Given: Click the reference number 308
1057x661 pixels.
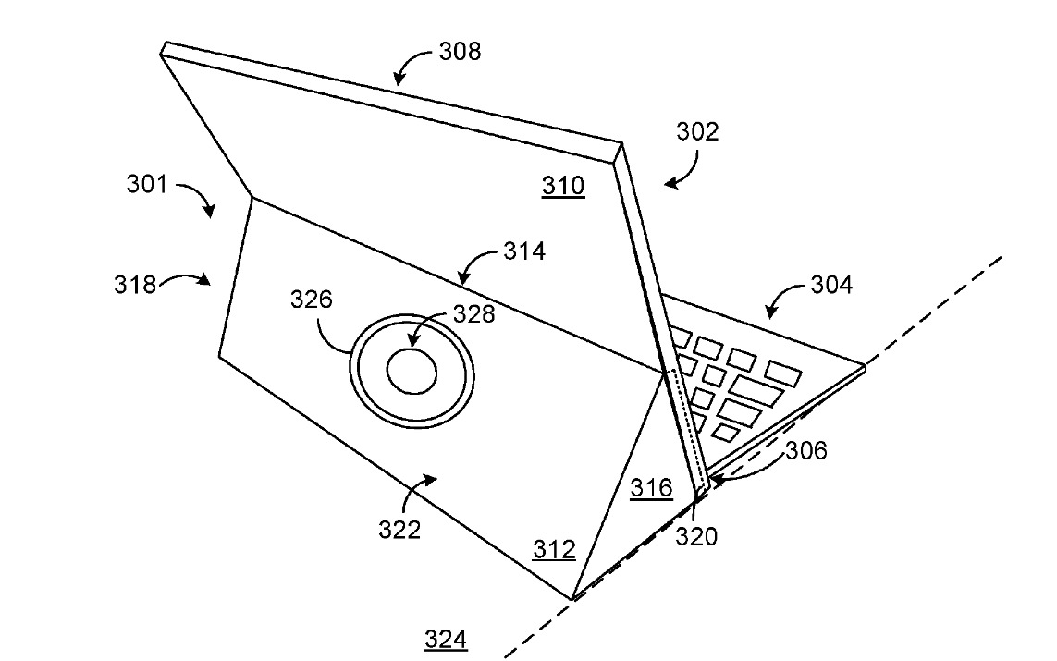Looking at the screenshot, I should click(459, 51).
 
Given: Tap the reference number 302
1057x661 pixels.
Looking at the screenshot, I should click(696, 131).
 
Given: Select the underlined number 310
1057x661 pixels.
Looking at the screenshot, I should click(563, 186).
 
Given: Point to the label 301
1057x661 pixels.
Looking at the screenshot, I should click(148, 184).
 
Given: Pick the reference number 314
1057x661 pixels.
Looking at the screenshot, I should click(524, 250).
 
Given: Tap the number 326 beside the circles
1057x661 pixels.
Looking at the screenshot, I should click(311, 300).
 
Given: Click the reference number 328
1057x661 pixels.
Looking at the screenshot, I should click(473, 313).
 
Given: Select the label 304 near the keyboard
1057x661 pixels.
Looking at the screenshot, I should click(831, 285).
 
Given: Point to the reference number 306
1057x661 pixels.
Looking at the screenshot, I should click(806, 450).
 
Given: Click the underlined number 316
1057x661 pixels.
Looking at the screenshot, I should click(651, 488).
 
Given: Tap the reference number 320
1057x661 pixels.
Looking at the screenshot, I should click(696, 536).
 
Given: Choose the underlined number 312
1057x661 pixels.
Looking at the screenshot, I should click(554, 550).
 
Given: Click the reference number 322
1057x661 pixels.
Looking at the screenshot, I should click(399, 530).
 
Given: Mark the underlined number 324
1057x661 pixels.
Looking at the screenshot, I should click(445, 638).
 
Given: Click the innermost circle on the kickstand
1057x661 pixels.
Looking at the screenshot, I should click(412, 372).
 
